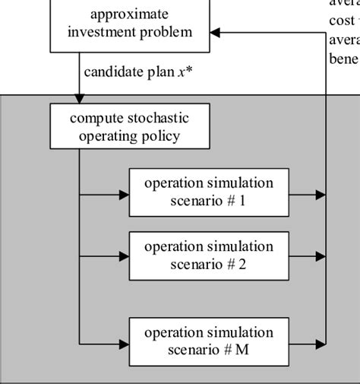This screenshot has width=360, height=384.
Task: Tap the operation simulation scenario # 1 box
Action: click(x=208, y=193)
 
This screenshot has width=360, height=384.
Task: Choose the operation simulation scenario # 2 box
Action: click(x=208, y=256)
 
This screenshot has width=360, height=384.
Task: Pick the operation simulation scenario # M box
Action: click(x=208, y=342)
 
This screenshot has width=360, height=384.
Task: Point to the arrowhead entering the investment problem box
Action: click(x=215, y=33)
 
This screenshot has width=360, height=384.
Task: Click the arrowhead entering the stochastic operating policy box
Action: click(x=80, y=98)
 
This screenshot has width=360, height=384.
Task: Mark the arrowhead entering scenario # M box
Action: click(x=124, y=343)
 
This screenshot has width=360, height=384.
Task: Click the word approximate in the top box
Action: click(x=129, y=14)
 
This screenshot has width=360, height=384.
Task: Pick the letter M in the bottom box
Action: click(x=242, y=351)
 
